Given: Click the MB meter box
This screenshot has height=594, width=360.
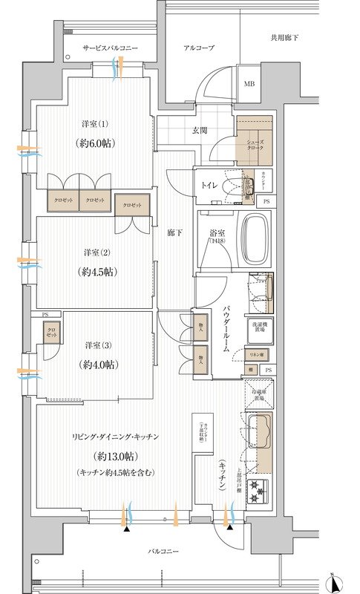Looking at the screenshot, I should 249,83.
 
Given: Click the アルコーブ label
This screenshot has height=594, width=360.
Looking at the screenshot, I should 199,48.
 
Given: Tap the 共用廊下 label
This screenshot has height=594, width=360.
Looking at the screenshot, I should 285,37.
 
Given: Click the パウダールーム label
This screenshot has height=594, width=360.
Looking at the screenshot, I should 226,327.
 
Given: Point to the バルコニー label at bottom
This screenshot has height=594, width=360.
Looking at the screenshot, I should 162,550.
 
